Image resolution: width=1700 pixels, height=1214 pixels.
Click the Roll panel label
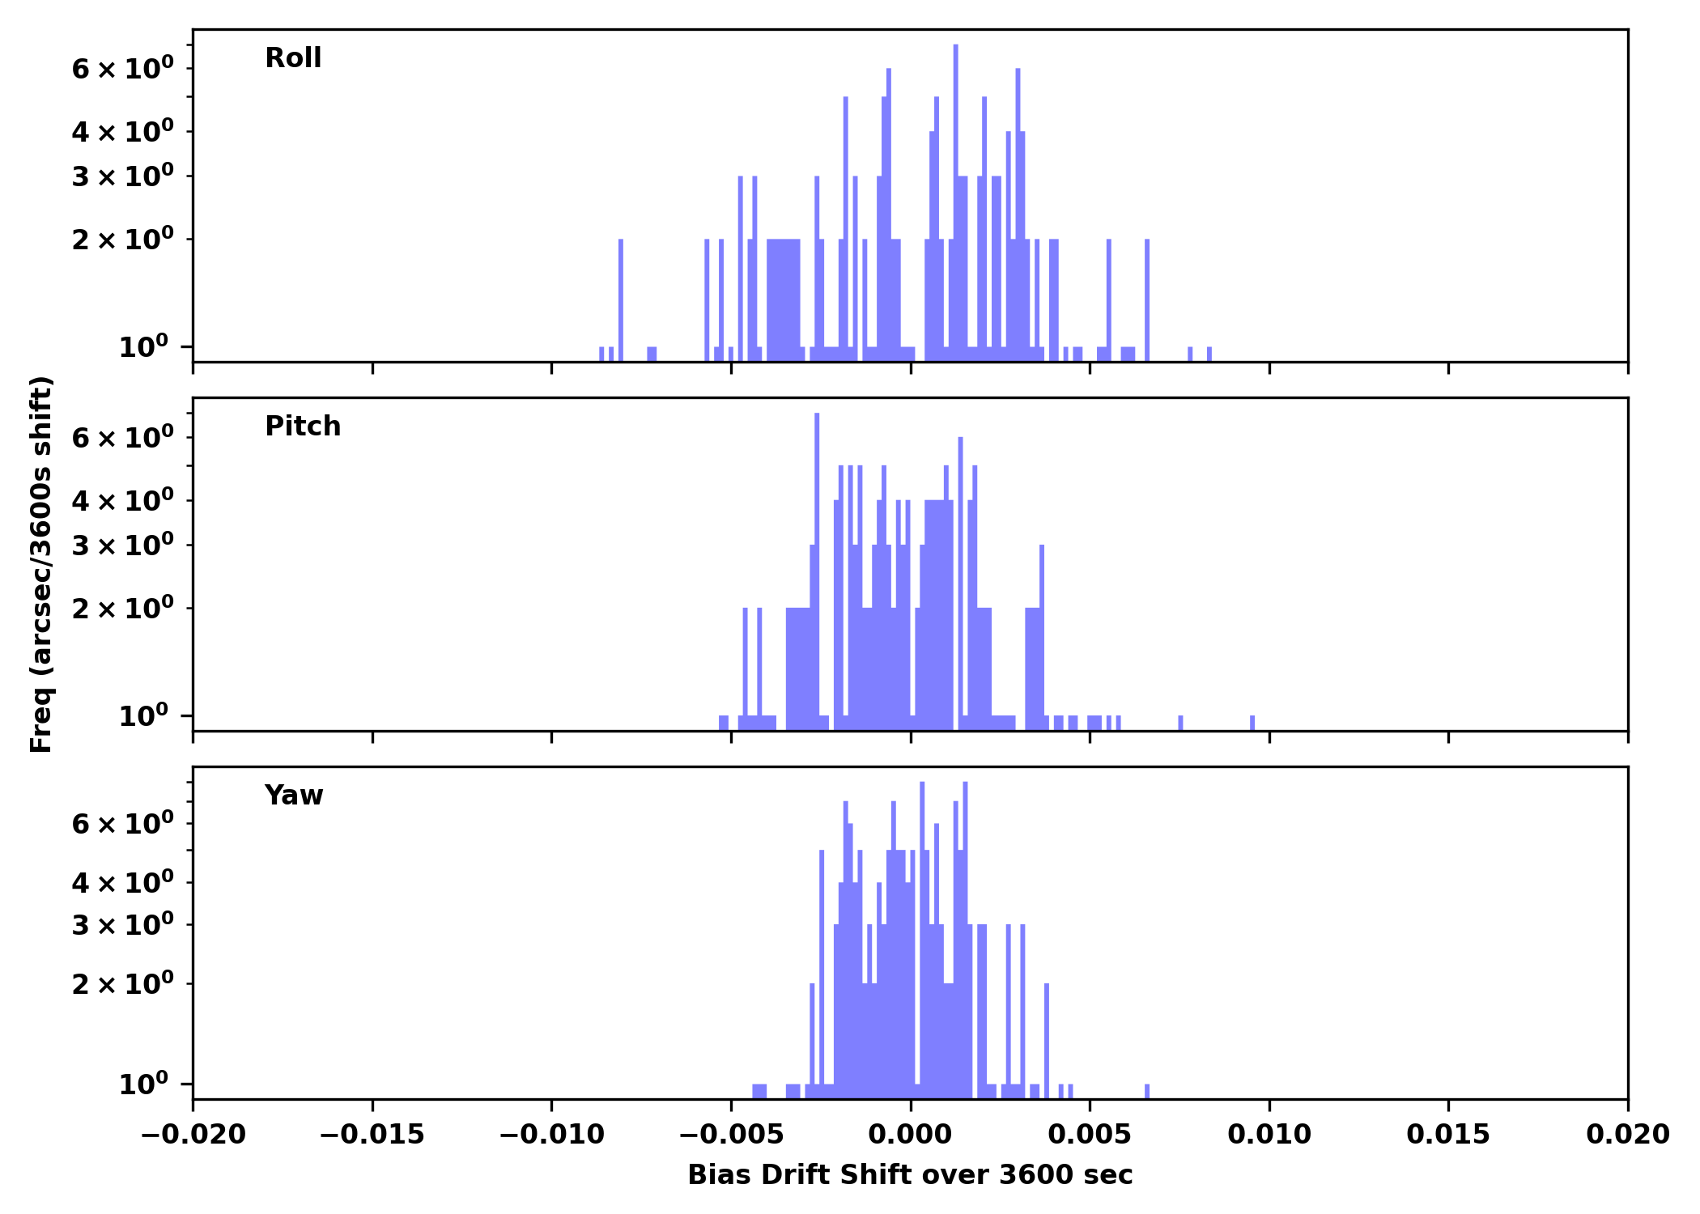(293, 58)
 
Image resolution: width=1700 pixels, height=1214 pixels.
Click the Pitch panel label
(303, 427)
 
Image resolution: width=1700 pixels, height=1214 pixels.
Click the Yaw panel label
(294, 796)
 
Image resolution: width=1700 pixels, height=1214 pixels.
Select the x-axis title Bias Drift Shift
(910, 1175)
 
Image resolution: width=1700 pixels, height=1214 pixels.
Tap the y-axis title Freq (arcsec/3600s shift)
(41, 564)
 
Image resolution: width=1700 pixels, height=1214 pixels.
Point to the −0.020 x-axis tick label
(193, 1135)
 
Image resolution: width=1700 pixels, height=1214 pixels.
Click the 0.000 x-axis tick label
(910, 1135)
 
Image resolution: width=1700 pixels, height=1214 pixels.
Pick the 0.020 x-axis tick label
(1627, 1135)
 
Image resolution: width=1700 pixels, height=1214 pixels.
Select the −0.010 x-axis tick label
(551, 1135)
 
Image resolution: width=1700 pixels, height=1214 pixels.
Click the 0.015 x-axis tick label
(1448, 1135)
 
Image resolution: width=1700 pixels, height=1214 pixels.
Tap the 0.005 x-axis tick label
(1090, 1135)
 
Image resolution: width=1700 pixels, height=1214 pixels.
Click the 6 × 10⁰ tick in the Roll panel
(122, 69)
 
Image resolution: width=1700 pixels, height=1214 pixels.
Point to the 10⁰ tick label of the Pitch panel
(143, 716)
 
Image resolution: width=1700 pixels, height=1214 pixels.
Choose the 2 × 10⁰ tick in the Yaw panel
(122, 984)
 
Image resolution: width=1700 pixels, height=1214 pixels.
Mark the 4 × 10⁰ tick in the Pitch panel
(122, 501)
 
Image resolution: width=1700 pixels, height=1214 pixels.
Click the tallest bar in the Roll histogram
(955, 202)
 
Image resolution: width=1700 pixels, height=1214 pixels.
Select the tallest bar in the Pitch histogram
(817, 567)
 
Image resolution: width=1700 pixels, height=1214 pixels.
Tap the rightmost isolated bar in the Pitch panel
(1252, 722)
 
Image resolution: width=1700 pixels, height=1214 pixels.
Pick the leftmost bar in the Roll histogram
(601, 354)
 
